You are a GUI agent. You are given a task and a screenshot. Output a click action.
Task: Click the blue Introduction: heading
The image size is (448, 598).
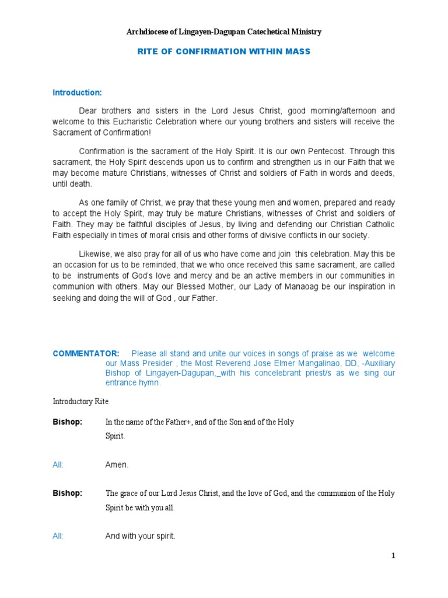78,92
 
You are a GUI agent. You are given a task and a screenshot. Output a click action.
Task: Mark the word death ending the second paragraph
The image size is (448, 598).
81,183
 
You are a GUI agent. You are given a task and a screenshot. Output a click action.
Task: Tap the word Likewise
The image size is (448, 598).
96,254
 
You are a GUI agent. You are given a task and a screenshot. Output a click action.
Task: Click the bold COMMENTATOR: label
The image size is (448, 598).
86,353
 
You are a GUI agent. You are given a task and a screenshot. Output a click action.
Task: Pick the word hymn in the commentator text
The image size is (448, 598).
150,383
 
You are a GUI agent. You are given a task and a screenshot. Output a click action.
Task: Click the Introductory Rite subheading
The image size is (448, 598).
80,402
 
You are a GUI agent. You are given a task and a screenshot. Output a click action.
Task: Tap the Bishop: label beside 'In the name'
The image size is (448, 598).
68,422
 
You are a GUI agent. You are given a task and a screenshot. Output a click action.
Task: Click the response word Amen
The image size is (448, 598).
117,465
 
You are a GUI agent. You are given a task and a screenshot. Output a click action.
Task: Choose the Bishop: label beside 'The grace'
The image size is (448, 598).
68,493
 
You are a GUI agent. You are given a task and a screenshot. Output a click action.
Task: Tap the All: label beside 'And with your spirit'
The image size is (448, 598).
58,536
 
